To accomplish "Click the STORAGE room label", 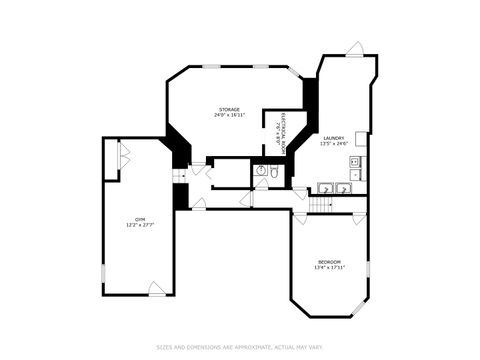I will click(230, 108).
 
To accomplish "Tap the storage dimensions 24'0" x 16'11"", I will click(230, 115).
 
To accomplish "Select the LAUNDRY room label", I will click(334, 137).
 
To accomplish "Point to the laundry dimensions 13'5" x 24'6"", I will click(334, 143).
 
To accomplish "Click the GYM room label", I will click(140, 218).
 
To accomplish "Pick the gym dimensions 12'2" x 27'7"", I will click(140, 224).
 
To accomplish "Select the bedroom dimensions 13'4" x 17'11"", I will click(329, 267).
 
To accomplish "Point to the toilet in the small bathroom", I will click(273, 171).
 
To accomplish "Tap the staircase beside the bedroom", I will click(320, 204).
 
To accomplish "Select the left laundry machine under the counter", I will click(325, 187).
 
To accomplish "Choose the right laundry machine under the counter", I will click(342, 187).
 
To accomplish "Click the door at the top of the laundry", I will click(354, 49).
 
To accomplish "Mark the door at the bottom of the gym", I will click(157, 289).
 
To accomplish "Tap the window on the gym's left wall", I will click(104, 272).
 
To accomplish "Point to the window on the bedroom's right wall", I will click(368, 268).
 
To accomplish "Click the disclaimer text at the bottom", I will click(240, 347).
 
